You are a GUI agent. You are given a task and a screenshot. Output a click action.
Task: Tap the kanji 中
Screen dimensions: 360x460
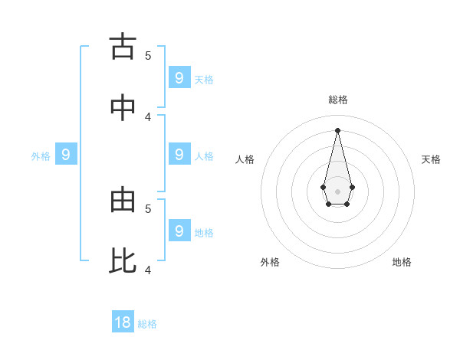(x=123, y=108)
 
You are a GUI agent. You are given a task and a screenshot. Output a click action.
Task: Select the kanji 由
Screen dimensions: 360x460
(x=123, y=200)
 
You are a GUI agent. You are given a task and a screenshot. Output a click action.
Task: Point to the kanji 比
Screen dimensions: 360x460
(x=123, y=261)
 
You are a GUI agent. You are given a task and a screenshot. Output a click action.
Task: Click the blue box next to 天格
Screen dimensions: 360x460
(x=179, y=77)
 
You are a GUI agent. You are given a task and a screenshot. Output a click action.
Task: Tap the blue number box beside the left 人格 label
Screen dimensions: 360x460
(x=179, y=154)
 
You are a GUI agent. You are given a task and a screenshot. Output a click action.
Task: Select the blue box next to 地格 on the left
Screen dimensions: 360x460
(x=179, y=230)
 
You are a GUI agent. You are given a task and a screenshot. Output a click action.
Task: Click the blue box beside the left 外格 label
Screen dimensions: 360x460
(x=66, y=155)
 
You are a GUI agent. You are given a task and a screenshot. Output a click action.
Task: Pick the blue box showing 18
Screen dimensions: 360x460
(x=123, y=322)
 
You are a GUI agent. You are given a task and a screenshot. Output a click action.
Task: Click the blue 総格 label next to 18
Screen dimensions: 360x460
(x=147, y=324)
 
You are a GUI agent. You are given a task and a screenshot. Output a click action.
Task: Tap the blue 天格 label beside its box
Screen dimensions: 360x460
(x=204, y=79)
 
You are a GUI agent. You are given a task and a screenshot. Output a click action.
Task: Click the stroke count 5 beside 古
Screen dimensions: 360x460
(x=148, y=55)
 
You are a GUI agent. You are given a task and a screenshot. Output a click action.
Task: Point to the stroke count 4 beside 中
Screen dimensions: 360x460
(x=148, y=116)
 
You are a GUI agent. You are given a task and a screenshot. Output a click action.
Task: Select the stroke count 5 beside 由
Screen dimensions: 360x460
(x=148, y=208)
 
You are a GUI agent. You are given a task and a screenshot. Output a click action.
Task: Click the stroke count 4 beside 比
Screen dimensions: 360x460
(x=148, y=270)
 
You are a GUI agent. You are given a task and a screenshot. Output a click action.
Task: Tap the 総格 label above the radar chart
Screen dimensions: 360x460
(x=338, y=100)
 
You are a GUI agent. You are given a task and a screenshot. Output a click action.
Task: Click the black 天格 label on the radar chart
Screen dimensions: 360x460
(x=431, y=159)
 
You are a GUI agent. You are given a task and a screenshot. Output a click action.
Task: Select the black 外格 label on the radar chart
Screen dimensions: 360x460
(x=270, y=262)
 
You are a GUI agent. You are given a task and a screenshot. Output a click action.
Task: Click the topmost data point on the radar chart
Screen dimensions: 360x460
(x=337, y=129)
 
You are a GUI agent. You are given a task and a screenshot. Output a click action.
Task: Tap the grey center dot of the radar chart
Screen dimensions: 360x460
(x=337, y=191)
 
